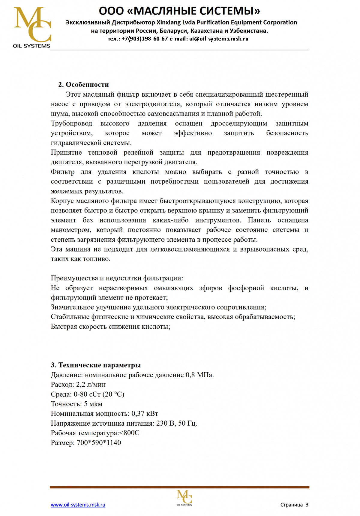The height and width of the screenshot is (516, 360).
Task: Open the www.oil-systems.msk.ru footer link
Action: (x=78, y=505)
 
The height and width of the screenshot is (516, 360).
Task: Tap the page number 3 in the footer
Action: (x=307, y=505)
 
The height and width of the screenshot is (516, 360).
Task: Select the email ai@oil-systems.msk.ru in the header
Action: (x=219, y=39)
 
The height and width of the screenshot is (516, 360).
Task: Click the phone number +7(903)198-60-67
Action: (x=145, y=39)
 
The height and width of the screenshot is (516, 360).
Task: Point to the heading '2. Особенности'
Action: (x=83, y=84)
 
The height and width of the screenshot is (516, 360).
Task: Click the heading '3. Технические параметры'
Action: (x=96, y=365)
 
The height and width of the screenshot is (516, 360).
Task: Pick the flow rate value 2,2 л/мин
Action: (x=91, y=385)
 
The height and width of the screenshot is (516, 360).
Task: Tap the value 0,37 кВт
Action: (x=145, y=413)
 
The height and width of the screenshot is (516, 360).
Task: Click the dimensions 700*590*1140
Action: (x=99, y=442)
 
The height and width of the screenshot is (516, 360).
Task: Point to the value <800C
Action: (x=129, y=433)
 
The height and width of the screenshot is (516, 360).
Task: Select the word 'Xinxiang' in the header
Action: (x=168, y=23)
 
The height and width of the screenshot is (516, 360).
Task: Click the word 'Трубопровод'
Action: (x=71, y=123)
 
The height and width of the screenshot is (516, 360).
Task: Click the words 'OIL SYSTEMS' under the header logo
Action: (x=32, y=46)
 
